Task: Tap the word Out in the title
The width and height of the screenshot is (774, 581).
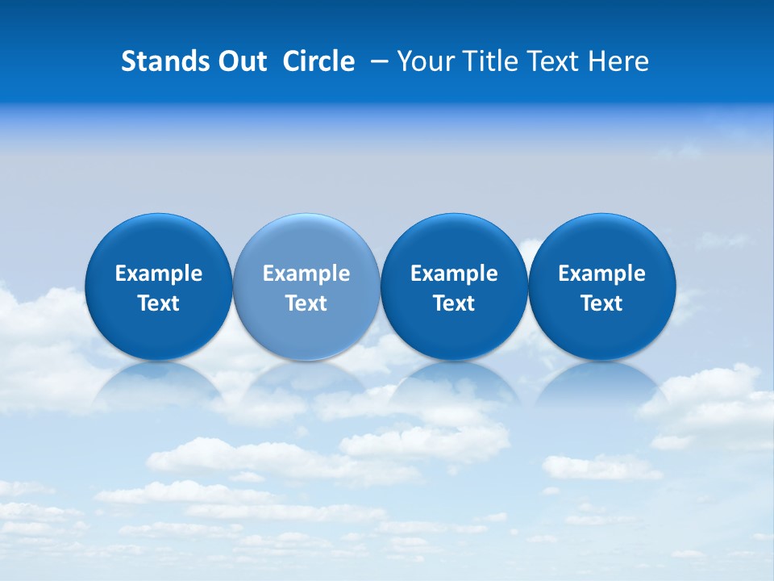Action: coord(240,61)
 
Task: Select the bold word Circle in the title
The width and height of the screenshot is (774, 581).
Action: coord(318,61)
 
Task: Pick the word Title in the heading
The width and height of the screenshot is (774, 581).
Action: coord(484,61)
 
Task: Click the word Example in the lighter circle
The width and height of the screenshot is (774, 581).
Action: coord(306,274)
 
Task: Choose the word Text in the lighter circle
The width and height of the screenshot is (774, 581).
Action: coord(306,303)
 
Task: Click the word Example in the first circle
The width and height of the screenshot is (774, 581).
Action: coord(159,274)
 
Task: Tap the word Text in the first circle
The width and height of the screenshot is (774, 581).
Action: coord(159,303)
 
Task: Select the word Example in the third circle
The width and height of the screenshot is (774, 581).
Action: coord(454,274)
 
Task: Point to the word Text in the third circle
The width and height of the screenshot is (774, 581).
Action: coord(454,303)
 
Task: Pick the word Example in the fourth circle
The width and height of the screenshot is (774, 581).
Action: coord(601,274)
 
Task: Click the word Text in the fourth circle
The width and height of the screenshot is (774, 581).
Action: coord(601,303)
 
